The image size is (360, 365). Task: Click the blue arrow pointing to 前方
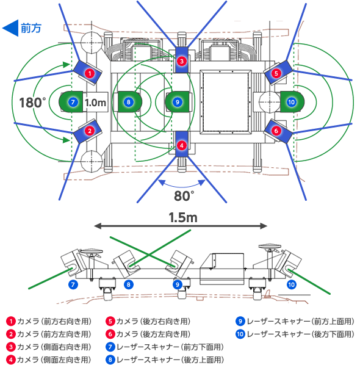(10, 28)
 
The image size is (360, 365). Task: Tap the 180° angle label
(32, 103)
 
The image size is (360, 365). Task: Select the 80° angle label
(184, 196)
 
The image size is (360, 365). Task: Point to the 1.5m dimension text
(183, 218)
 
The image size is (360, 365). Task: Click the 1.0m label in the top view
(95, 103)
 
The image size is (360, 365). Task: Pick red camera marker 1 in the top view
(90, 73)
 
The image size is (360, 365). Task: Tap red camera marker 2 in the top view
(90, 131)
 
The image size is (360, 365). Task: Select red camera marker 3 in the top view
(182, 61)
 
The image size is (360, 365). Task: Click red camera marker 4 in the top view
(182, 146)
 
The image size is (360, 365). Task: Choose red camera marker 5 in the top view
(276, 73)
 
